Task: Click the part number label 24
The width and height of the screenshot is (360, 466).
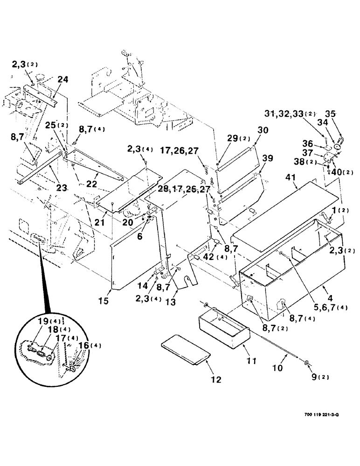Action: [63, 80]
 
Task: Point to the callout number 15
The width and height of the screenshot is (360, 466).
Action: [104, 302]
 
